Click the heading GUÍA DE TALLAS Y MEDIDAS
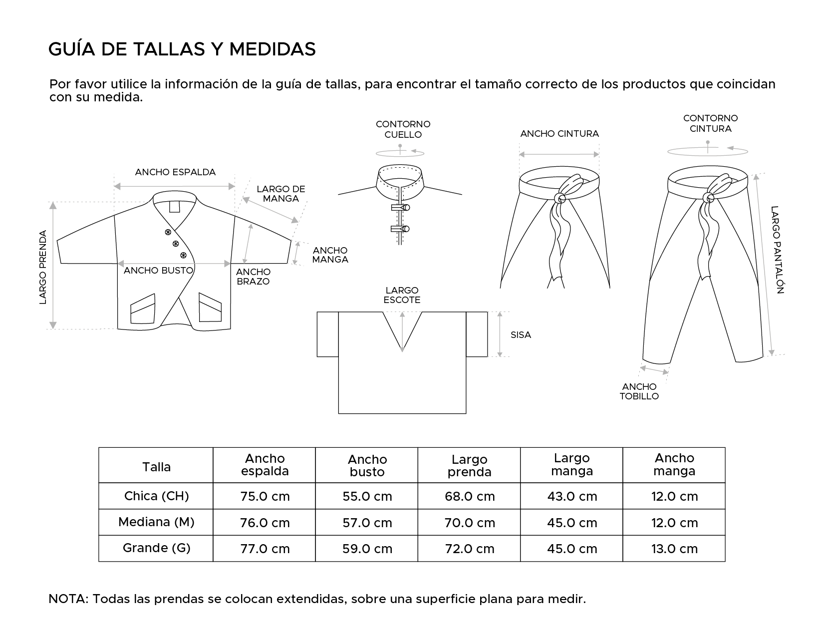[182, 49]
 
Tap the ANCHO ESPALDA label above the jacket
[175, 172]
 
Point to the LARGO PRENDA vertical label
[43, 267]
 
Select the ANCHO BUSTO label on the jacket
[158, 271]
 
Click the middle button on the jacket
[176, 244]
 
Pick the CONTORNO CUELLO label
[403, 129]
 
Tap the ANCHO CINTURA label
[559, 134]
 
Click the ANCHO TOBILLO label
[639, 391]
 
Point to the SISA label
[521, 335]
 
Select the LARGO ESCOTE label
[402, 295]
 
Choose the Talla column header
[156, 467]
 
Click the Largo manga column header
[572, 464]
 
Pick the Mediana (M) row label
[156, 522]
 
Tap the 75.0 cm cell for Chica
[265, 496]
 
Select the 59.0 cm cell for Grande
[367, 549]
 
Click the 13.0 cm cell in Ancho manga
[674, 549]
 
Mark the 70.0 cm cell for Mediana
[470, 523]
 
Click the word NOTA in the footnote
[67, 599]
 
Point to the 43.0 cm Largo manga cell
[572, 496]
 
